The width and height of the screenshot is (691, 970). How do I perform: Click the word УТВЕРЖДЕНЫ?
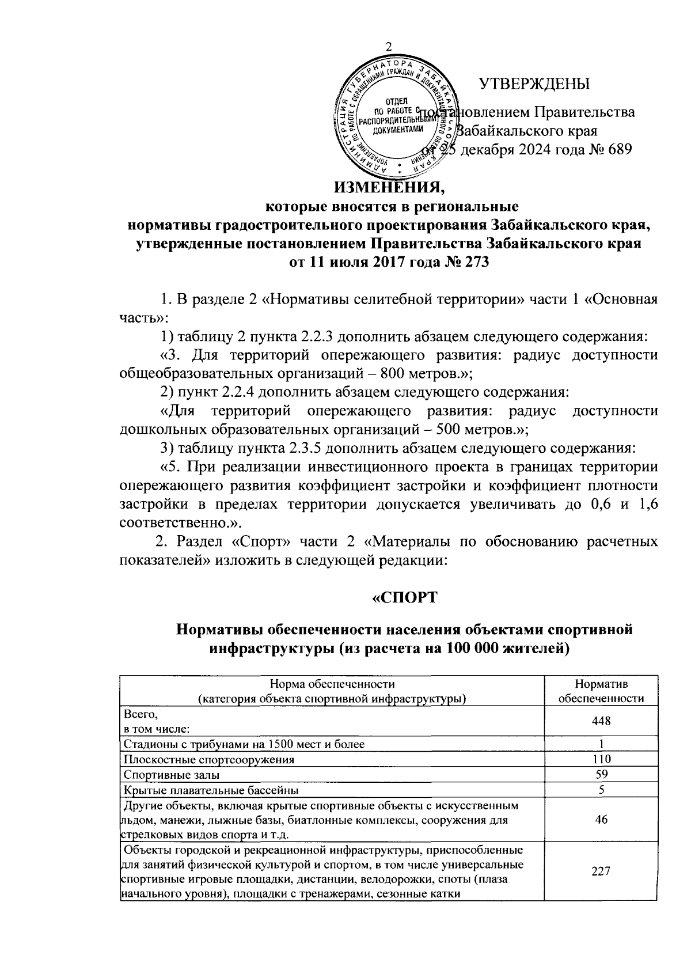pos(536,84)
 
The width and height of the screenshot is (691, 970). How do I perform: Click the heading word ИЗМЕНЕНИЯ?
pos(390,188)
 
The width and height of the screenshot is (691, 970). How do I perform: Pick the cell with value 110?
pos(601,759)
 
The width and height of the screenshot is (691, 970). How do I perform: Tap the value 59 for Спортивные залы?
pos(601,774)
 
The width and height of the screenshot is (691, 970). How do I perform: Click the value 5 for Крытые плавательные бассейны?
pos(601,790)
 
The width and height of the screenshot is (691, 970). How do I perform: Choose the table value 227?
pos(601,872)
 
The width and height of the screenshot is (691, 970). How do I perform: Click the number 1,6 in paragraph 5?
pos(648,505)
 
